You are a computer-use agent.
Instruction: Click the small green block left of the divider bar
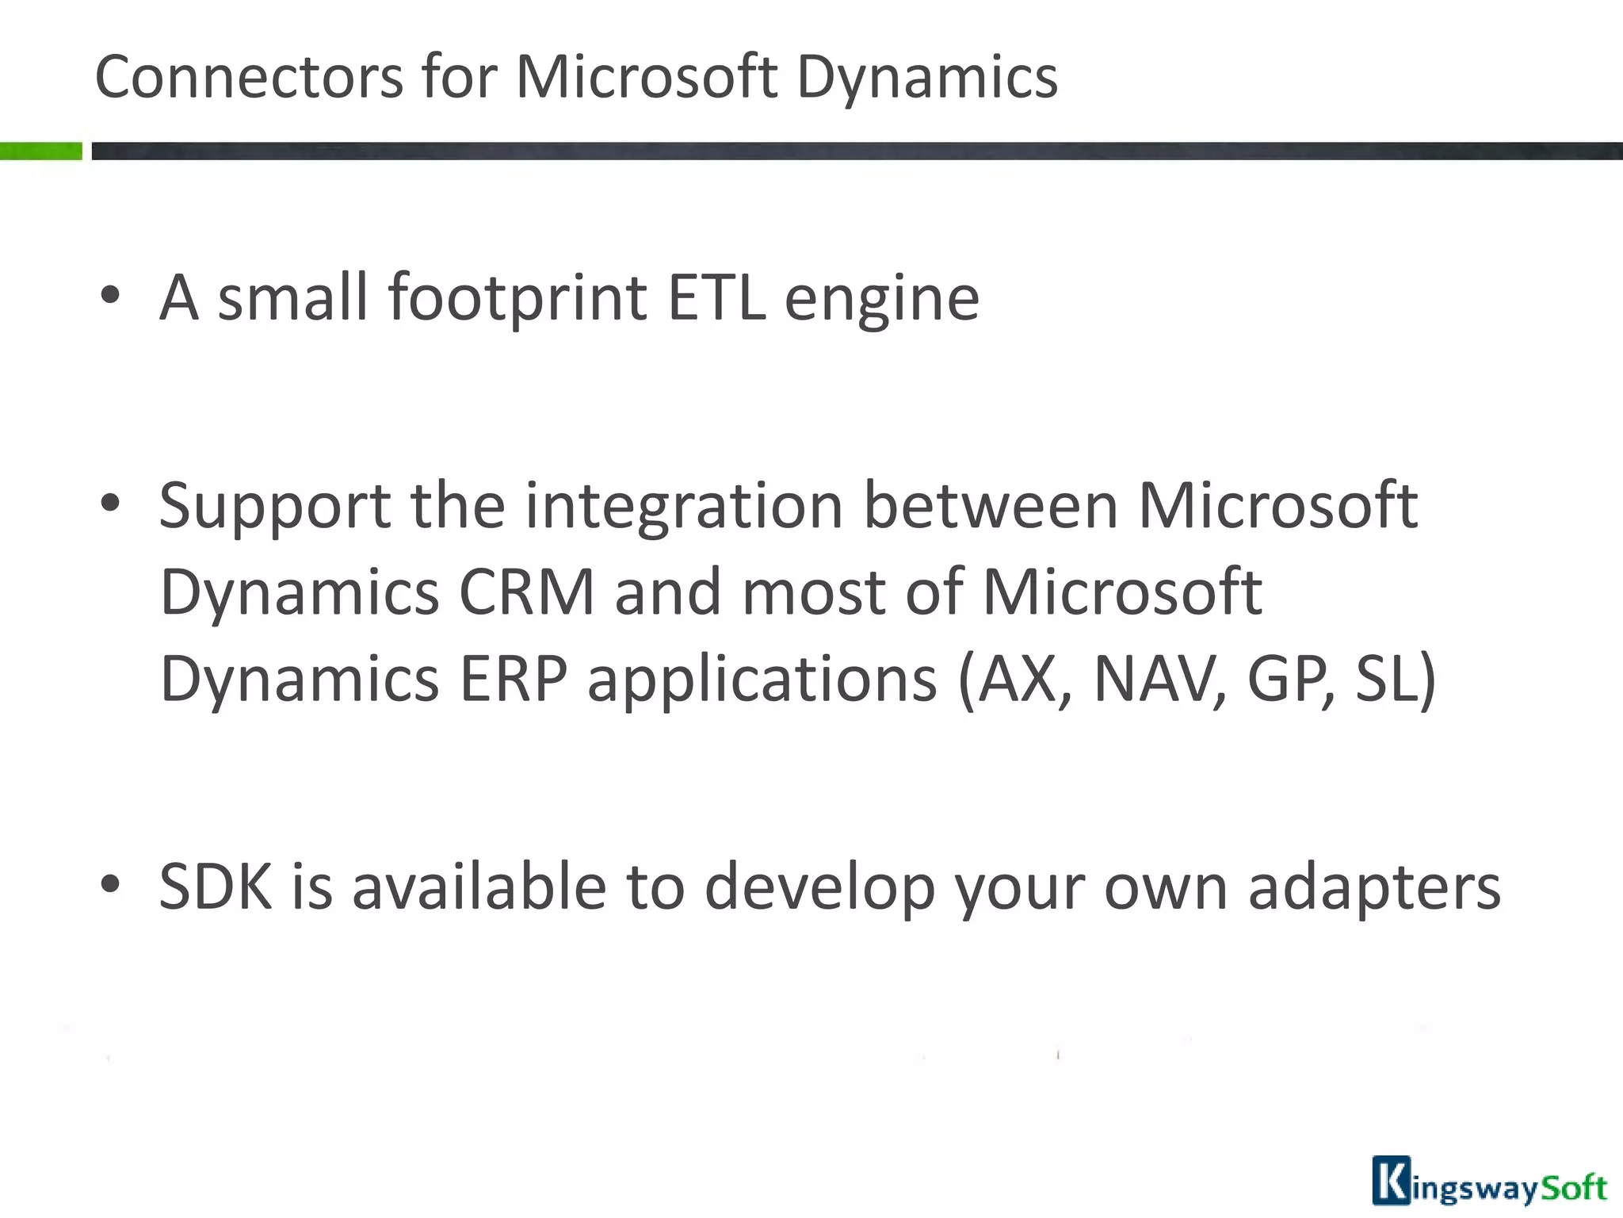pos(40,151)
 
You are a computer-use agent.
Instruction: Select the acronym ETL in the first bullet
pos(716,298)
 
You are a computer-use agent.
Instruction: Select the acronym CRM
pos(527,592)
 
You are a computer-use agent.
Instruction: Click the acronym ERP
pos(514,679)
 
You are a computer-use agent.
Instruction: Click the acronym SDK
pos(216,887)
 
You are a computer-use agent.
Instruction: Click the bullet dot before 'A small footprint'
pos(110,295)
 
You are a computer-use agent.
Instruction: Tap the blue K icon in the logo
pos(1392,1181)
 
